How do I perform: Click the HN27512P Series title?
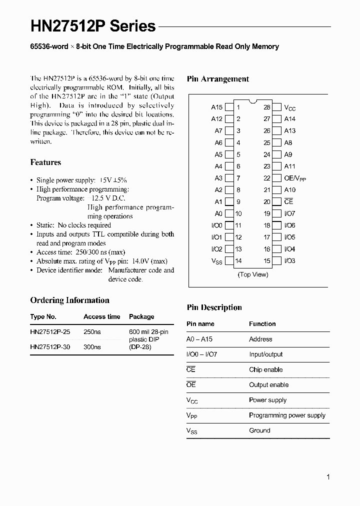click(93, 26)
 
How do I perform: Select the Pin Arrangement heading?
click(217, 79)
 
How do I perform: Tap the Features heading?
click(45, 162)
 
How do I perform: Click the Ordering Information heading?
click(69, 300)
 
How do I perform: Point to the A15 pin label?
click(216, 107)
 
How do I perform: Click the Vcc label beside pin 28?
click(290, 107)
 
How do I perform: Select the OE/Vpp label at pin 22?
click(295, 178)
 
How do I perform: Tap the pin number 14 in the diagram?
click(238, 260)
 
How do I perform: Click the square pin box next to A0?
click(229, 213)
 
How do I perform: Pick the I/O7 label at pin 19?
click(290, 213)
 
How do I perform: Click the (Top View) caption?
click(253, 274)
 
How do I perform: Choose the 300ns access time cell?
click(92, 346)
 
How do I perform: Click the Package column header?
click(141, 316)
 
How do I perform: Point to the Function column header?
click(262, 324)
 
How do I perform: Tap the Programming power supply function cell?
click(287, 415)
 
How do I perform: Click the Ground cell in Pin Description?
click(259, 430)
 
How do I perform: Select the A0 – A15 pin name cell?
click(199, 339)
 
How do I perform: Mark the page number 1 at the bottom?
click(328, 477)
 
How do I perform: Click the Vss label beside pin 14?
click(216, 261)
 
